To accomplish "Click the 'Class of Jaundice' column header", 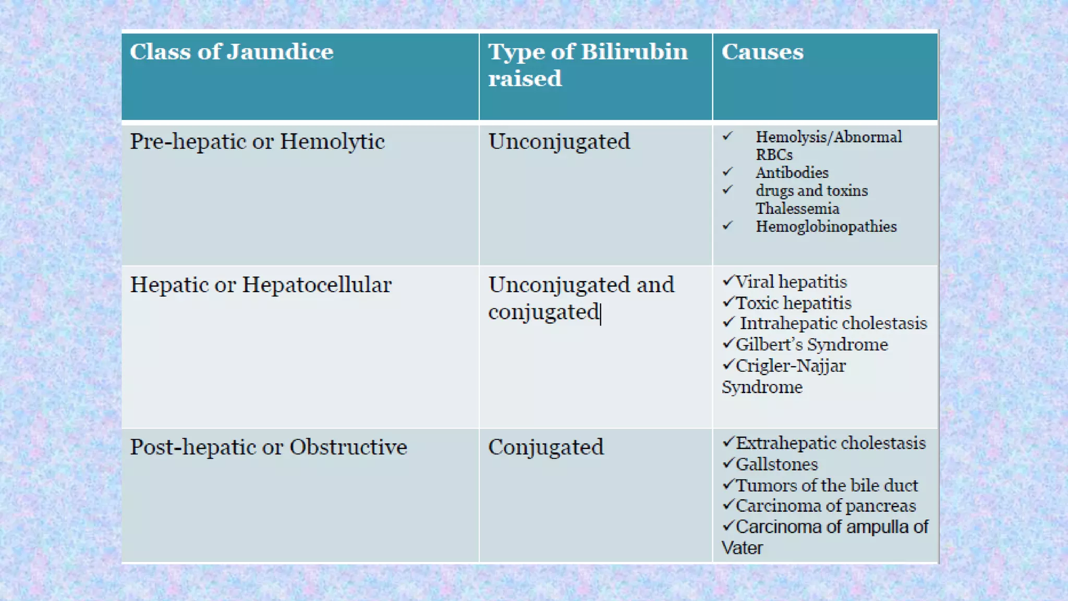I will pos(231,52).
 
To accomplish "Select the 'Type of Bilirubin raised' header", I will pos(587,65).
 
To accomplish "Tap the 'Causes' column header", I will pos(762,52).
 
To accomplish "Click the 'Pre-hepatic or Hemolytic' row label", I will pos(257,142).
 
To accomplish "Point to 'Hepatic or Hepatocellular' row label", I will pos(260,285).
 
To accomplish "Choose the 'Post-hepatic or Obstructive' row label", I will pos(268,448).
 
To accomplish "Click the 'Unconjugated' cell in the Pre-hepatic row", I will pos(559,142).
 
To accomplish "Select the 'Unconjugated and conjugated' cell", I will pos(580,298).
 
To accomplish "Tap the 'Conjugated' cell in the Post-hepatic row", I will pos(545,448).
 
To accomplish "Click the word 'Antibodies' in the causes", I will pos(792,173).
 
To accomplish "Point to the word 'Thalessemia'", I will pos(797,209).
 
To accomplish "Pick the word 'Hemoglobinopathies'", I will pos(826,226).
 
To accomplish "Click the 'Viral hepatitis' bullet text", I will pos(791,282).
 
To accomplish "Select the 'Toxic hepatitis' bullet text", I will pos(793,303).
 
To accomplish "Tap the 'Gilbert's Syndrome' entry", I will pos(811,345).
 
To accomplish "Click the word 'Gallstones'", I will pos(776,464).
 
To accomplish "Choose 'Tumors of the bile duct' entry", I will pos(827,486).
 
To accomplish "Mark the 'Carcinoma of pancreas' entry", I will pos(826,506).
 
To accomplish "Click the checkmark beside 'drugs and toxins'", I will pos(728,189).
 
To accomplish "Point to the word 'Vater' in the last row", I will pos(742,548).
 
